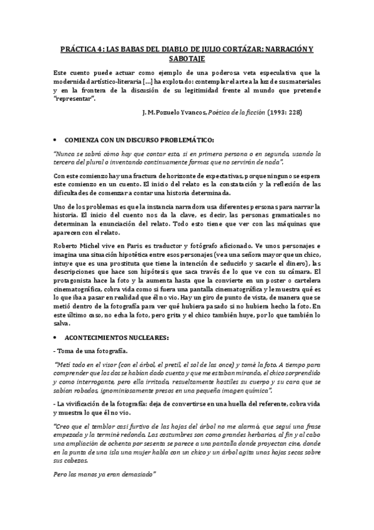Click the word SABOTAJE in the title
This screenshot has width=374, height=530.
click(x=187, y=57)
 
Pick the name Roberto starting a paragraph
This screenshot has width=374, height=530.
click(x=66, y=245)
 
